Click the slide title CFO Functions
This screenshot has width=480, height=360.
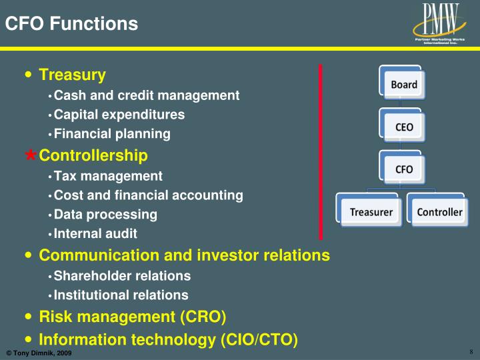coord(71,25)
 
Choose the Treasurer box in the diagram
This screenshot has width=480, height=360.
coord(371,212)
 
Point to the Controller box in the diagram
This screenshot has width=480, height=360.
coord(439,212)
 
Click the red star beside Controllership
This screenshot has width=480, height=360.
coord(31,156)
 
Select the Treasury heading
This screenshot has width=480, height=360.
coord(72,75)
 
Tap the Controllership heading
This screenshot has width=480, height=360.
coord(93,156)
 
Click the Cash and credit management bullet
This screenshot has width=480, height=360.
coord(146,95)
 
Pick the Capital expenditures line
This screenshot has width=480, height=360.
coord(119,115)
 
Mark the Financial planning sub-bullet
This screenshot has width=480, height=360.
coord(112,134)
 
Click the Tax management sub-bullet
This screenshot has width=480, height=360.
coord(108,176)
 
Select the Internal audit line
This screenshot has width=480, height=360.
coord(95,234)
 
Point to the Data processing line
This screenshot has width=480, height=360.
coord(105,215)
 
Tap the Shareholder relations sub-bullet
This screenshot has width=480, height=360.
coord(122,276)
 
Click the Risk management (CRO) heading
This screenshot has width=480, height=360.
coord(133,316)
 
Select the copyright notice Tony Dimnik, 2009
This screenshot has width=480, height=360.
coord(39,353)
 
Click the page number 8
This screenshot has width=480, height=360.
coord(471,352)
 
